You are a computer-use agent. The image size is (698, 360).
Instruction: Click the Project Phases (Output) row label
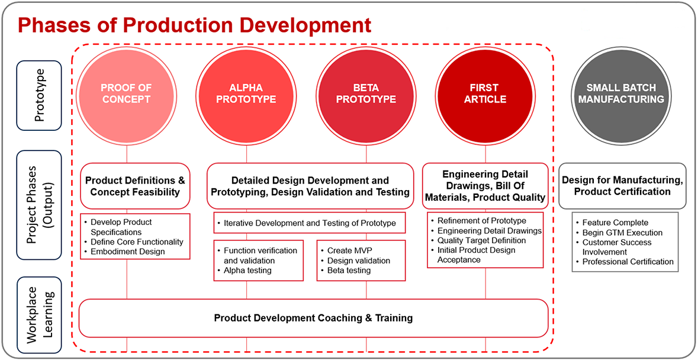pos(39,205)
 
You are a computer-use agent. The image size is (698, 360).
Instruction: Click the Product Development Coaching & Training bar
pos(313,318)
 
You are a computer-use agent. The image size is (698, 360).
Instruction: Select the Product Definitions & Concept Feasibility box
pos(135,186)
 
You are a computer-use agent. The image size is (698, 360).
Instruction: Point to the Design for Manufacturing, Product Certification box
pos(622,186)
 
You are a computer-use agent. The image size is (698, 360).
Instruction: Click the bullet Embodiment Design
pos(127,252)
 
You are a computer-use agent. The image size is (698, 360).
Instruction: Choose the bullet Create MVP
pos(352,250)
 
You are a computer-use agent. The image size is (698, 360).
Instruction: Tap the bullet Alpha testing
pos(247,271)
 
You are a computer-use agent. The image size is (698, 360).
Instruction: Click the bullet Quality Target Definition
pos(481,240)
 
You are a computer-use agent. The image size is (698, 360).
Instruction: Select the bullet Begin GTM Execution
pos(622,233)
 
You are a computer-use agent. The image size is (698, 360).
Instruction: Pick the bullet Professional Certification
pos(628,262)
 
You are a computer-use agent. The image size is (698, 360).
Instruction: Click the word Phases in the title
pos(51,25)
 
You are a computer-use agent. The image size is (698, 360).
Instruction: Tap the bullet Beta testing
pos(349,271)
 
